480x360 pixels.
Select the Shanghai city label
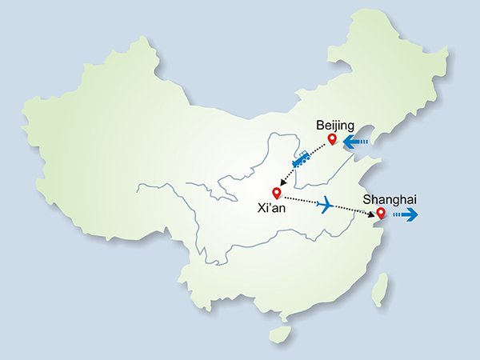click(x=390, y=198)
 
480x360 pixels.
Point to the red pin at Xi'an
click(x=277, y=192)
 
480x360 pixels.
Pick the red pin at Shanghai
click(x=381, y=214)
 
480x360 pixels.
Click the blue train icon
click(x=302, y=162)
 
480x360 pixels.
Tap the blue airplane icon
click(x=326, y=205)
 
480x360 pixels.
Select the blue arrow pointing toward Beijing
click(x=355, y=142)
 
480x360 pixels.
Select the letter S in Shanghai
click(x=366, y=198)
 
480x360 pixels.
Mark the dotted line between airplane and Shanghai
click(x=352, y=210)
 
